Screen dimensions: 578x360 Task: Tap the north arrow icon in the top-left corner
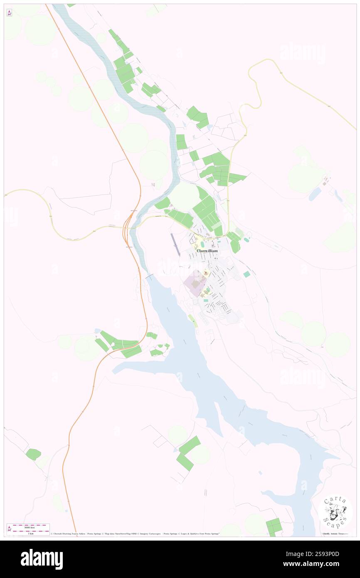(9, 12)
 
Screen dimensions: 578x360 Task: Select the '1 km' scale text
(30, 533)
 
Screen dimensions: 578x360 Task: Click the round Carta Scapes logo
(335, 511)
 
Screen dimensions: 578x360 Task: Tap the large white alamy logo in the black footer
(42, 559)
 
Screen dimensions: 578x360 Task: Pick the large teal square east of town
(247, 274)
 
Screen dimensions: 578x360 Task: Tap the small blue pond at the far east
(315, 193)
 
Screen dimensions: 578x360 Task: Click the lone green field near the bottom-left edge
(33, 454)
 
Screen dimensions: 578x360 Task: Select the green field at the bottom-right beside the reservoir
(274, 527)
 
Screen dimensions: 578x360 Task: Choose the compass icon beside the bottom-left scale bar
(10, 529)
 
